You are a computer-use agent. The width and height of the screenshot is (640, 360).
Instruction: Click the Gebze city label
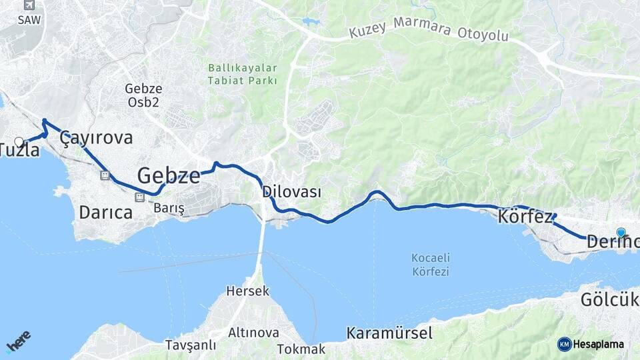point(169,175)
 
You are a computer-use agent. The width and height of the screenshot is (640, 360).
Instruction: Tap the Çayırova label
point(96,138)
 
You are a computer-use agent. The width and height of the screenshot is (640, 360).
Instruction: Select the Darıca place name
point(105,212)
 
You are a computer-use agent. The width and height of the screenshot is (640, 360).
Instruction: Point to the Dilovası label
point(291,192)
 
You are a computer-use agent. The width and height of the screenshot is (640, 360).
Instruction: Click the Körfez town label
point(525,217)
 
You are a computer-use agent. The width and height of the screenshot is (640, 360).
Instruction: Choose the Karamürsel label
point(389,333)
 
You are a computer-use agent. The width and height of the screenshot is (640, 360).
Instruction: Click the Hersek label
point(248,291)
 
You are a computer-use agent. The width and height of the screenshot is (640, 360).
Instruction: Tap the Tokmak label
point(301,349)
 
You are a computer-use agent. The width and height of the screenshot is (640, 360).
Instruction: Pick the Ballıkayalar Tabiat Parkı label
point(242,74)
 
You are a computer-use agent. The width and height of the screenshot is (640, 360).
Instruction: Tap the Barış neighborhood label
point(168,209)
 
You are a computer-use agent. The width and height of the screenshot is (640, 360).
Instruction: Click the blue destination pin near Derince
point(621,233)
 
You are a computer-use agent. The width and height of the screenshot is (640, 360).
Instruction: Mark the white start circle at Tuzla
point(19,141)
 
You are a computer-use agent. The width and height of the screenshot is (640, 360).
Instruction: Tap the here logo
point(19,342)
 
